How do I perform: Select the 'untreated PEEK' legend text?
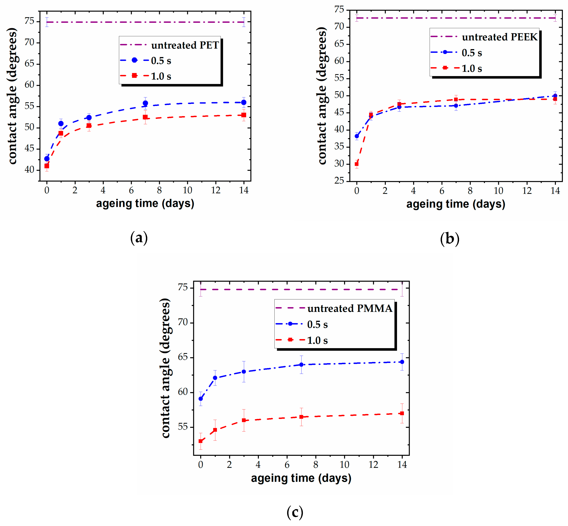tap(499, 37)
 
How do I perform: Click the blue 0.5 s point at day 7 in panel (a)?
tap(145, 103)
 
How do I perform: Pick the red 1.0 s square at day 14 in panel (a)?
tap(244, 115)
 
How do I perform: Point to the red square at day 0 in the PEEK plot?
tap(357, 164)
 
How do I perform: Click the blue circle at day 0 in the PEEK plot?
tap(357, 136)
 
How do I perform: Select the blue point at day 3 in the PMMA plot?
tap(244, 371)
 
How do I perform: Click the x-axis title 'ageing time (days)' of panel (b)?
tap(456, 204)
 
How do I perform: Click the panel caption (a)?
tap(139, 238)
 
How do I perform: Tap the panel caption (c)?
tap(295, 512)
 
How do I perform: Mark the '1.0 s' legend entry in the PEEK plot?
tap(472, 69)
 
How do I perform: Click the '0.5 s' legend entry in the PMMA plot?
tap(317, 324)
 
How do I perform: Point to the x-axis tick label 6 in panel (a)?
tap(131, 190)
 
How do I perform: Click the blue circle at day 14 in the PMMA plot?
tap(402, 362)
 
